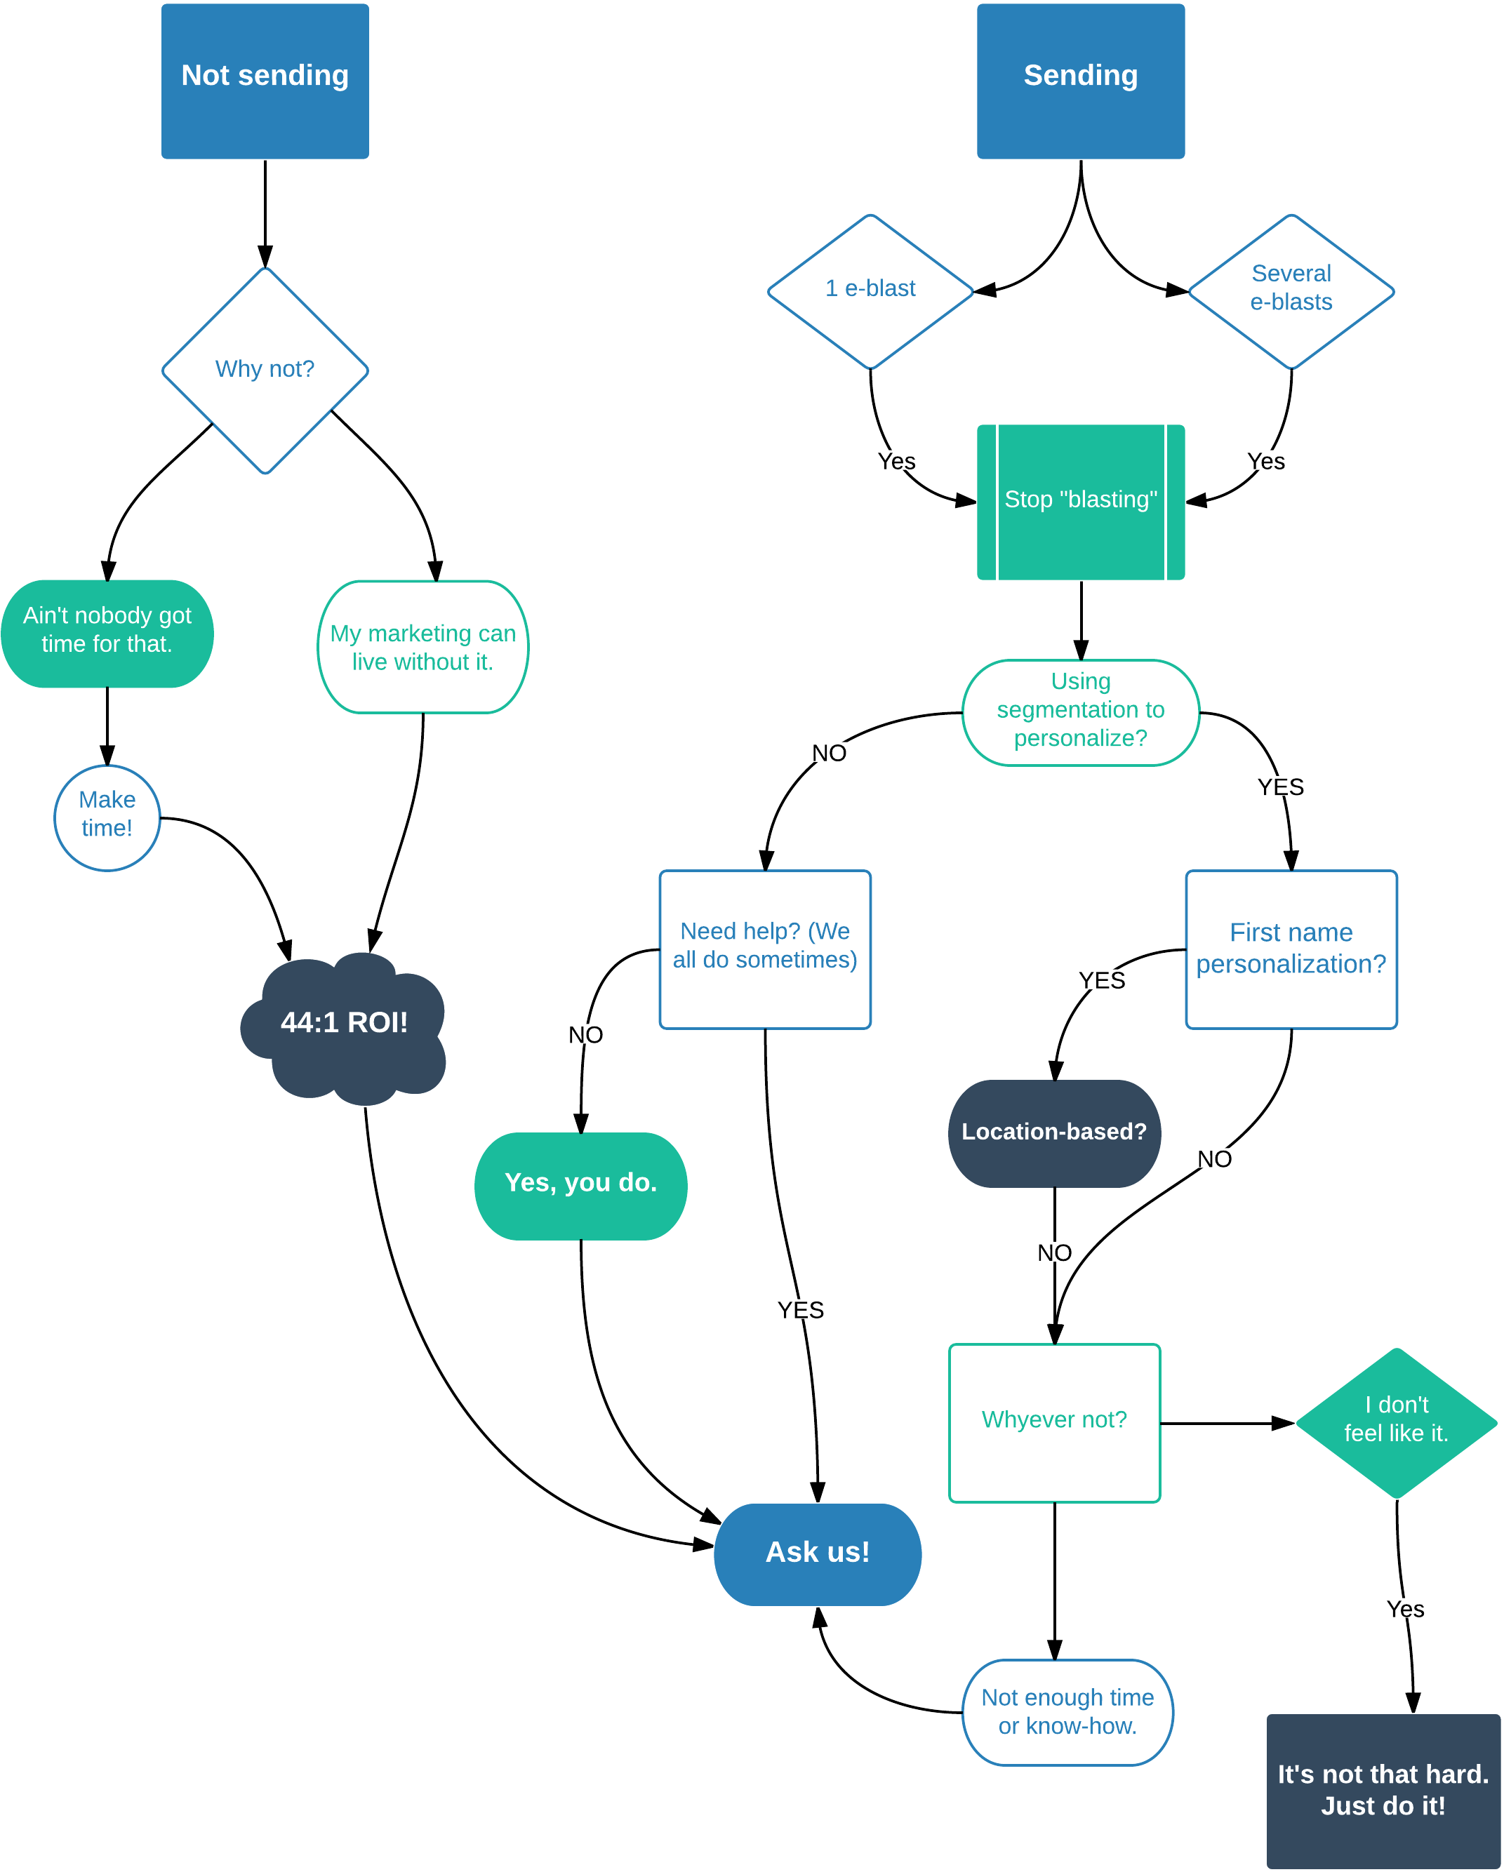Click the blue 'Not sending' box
(x=265, y=81)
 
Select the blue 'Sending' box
(x=1080, y=81)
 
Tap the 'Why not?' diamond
(x=265, y=370)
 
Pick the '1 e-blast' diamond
(x=870, y=291)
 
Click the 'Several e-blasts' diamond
(x=1291, y=291)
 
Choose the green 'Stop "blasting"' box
(x=1080, y=502)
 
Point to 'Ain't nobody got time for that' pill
(x=107, y=633)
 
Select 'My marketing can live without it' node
(x=423, y=647)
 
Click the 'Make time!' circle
(x=107, y=817)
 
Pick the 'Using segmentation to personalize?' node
(x=1080, y=712)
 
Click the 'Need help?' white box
(x=765, y=949)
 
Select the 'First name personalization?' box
(x=1291, y=949)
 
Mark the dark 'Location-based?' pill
(x=1054, y=1133)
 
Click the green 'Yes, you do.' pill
(x=581, y=1185)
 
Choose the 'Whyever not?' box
(x=1054, y=1422)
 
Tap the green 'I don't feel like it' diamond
(x=1397, y=1422)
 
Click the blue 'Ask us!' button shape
(x=817, y=1554)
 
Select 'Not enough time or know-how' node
(x=1067, y=1712)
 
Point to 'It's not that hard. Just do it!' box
(x=1383, y=1791)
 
